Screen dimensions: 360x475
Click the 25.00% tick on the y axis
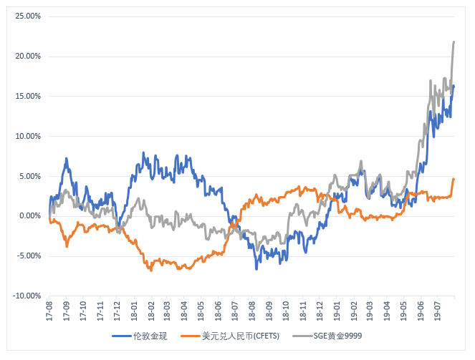(x=27, y=16)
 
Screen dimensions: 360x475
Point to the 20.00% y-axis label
(x=27, y=56)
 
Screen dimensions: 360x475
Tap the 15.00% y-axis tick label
(x=27, y=96)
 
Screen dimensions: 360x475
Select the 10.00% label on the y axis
(x=27, y=136)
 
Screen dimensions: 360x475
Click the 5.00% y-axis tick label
(x=28, y=176)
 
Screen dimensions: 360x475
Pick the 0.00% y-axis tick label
(x=28, y=216)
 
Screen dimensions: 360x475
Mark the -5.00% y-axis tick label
(x=27, y=256)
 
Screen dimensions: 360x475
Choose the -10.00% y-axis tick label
(x=26, y=296)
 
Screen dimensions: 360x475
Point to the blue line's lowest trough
(x=256, y=268)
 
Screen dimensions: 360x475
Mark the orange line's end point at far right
(x=454, y=179)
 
